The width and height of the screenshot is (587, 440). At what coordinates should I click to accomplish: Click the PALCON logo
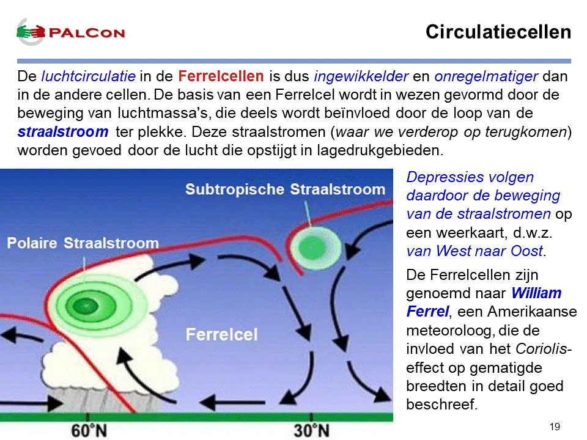[70, 32]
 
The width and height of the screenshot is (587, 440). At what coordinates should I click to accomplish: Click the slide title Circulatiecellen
[498, 32]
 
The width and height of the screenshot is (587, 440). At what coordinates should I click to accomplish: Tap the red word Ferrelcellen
[221, 76]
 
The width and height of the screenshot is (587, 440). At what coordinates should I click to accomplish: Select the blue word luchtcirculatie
[88, 76]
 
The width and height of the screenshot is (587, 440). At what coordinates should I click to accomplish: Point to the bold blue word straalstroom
[63, 132]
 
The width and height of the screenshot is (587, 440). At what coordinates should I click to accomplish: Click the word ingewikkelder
[361, 77]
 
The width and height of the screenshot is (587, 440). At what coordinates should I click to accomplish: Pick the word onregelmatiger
[486, 77]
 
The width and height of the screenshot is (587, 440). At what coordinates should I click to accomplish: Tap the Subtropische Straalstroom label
[286, 189]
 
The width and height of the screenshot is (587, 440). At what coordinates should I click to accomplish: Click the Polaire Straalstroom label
[83, 243]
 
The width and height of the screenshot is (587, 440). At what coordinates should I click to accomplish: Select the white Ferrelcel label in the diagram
[221, 334]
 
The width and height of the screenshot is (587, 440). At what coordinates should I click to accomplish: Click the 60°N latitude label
[89, 431]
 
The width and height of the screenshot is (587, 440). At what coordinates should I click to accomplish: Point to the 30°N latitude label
[311, 431]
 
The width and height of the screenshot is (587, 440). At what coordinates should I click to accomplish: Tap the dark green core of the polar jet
[86, 306]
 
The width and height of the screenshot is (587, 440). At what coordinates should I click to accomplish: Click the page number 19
[555, 427]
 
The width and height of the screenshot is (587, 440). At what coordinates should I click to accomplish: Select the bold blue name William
[536, 293]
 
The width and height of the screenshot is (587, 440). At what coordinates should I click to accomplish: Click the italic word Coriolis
[541, 349]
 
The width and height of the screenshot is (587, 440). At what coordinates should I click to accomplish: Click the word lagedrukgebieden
[380, 150]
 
